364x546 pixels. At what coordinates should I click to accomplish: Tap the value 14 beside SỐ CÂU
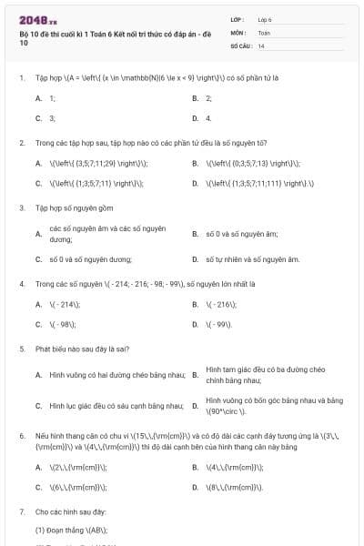coord(261,45)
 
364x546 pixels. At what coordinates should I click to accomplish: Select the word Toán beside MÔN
coord(264,32)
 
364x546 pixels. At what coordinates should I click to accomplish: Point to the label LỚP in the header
coord(238,19)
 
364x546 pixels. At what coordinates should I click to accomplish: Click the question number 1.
coord(21,77)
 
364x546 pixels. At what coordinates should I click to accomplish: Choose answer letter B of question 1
coord(195,97)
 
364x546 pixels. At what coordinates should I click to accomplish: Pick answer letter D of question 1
coord(195,118)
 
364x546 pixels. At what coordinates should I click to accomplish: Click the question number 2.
coord(21,143)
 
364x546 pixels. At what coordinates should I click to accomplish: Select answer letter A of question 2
coord(38,163)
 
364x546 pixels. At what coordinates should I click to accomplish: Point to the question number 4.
coord(21,284)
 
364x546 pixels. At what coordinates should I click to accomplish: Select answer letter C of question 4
coord(38,324)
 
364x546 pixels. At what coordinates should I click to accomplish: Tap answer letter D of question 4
coord(195,324)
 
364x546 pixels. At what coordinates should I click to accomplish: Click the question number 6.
coord(21,436)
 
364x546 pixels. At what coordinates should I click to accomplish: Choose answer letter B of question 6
coord(195,467)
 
